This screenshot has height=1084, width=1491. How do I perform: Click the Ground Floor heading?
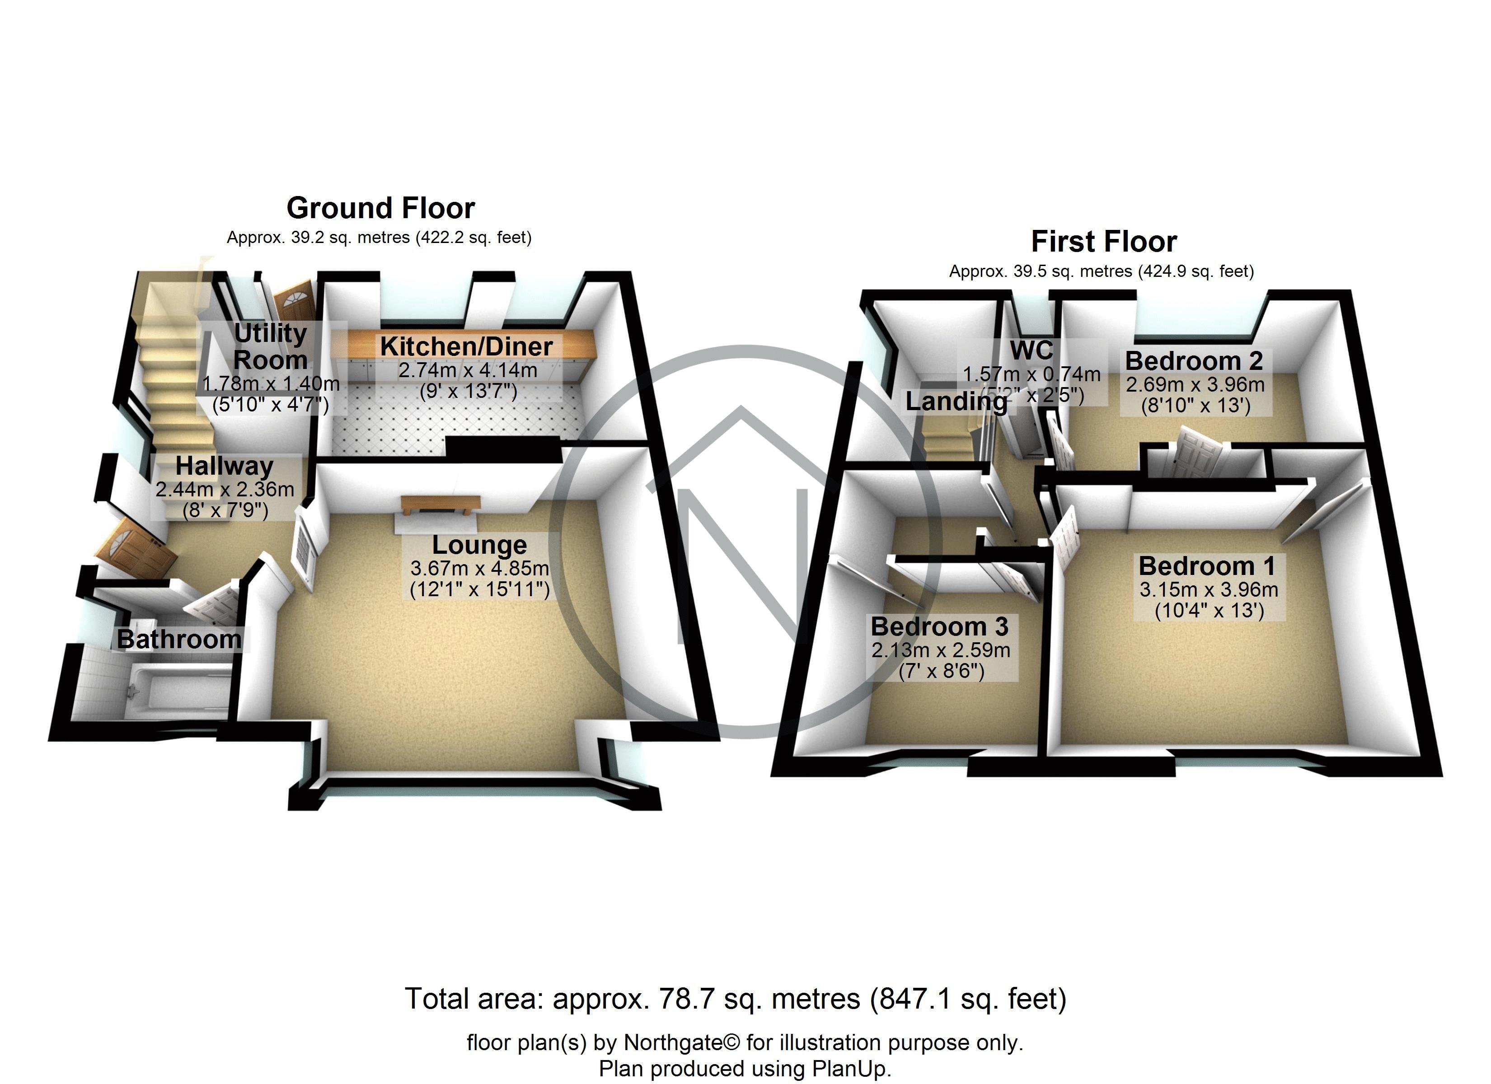coord(380,208)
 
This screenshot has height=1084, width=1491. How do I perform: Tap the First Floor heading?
coord(1104,241)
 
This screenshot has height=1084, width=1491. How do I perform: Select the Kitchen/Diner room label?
coord(466,346)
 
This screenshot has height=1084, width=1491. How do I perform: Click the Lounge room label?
coord(479,545)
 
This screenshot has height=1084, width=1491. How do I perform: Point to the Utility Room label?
coord(270,346)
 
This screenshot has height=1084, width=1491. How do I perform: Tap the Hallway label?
coord(224,466)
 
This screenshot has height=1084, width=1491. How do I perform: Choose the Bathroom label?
coord(179,639)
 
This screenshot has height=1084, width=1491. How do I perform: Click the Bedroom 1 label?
coord(1207,566)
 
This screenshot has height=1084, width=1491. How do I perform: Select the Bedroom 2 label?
coord(1194,361)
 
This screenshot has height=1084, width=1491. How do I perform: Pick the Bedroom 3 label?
coord(939,626)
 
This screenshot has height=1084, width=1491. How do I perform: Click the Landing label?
coord(956,402)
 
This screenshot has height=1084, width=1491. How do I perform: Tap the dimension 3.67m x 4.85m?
coord(479,568)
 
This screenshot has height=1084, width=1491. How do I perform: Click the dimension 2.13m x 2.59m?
coord(941,650)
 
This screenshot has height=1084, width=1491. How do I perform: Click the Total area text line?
coord(735,999)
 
